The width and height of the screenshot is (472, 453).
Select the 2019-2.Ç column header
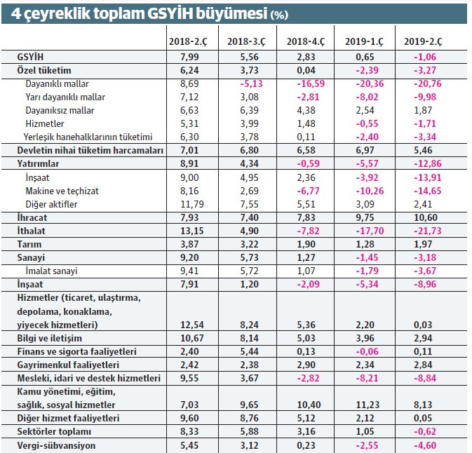[423, 42]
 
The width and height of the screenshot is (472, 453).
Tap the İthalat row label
[32, 231]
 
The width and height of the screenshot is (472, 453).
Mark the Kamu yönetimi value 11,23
[365, 405]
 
